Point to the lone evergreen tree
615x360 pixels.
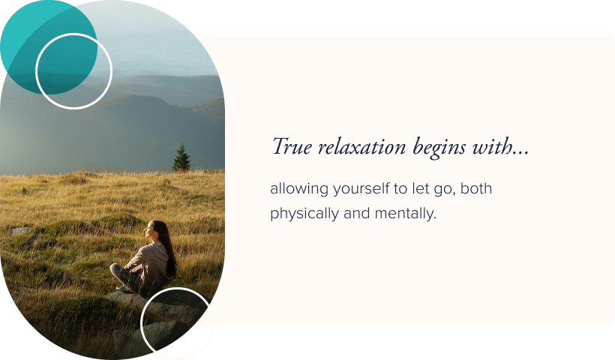[x=181, y=158]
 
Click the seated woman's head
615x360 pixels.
[x=155, y=229]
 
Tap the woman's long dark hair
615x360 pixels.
[x=169, y=251]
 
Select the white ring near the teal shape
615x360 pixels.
[x=73, y=71]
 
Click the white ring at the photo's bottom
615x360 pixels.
[x=177, y=323]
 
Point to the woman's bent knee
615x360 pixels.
[x=118, y=270]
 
